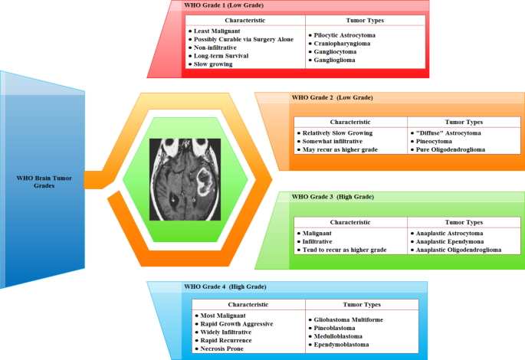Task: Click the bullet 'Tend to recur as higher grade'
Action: point(346,250)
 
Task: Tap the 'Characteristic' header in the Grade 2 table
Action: point(350,122)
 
